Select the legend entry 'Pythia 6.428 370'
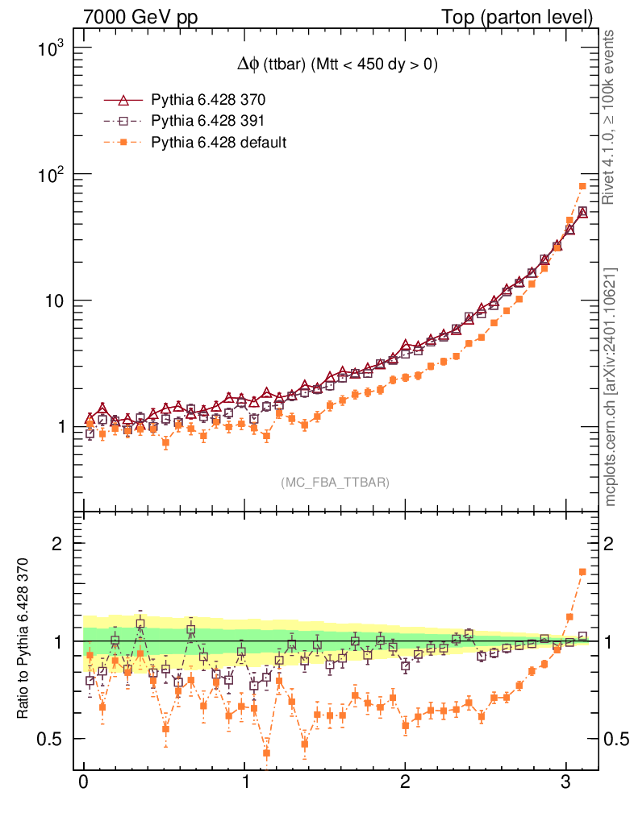[x=208, y=101]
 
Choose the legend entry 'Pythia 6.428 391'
[x=208, y=122]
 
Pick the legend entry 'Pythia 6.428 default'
[x=219, y=143]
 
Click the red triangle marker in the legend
[x=123, y=101]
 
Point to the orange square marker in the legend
[x=123, y=143]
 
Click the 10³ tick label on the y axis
[x=51, y=48]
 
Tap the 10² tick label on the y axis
[x=51, y=174]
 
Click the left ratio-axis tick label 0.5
[x=52, y=739]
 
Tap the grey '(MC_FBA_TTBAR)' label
[x=336, y=483]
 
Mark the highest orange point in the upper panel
[x=582, y=186]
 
